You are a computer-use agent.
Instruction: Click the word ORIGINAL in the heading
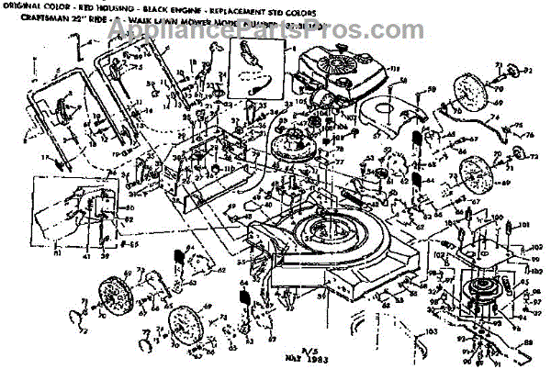(x=29, y=8)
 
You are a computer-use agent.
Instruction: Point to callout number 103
(x=432, y=330)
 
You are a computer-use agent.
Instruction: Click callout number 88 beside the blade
(x=531, y=346)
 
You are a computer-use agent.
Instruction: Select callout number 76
(x=531, y=136)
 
